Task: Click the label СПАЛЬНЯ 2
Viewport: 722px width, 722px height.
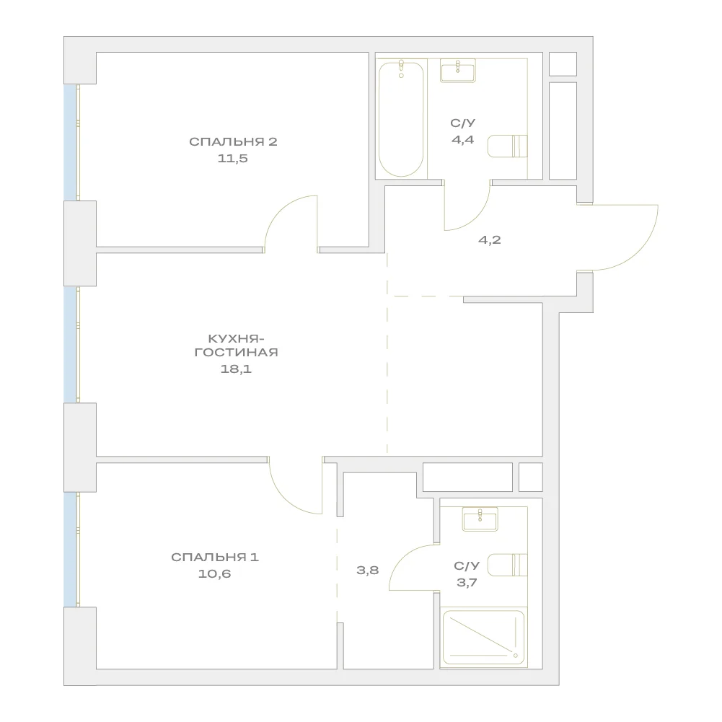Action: point(233,141)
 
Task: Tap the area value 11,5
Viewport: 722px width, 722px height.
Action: point(232,159)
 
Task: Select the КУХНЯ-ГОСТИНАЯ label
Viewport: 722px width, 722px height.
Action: point(236,345)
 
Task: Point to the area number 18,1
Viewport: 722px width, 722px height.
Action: point(236,369)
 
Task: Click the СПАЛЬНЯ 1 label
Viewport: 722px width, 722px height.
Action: point(215,557)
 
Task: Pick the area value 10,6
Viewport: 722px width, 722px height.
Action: point(214,573)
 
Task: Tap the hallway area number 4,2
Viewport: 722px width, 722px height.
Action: point(490,240)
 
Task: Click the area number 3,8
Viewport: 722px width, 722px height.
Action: point(367,570)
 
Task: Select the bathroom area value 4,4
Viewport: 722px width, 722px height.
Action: point(463,139)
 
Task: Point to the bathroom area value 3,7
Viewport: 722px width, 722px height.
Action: point(467,583)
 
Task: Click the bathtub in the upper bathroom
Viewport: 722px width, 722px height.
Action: point(401,119)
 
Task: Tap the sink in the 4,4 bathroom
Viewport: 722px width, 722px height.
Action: point(458,71)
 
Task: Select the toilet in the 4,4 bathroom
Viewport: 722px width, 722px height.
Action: point(508,146)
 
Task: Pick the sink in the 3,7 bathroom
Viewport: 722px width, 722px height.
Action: point(480,519)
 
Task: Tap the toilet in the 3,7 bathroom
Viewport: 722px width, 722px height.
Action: point(508,565)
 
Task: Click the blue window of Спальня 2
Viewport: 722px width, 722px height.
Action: point(70,142)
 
